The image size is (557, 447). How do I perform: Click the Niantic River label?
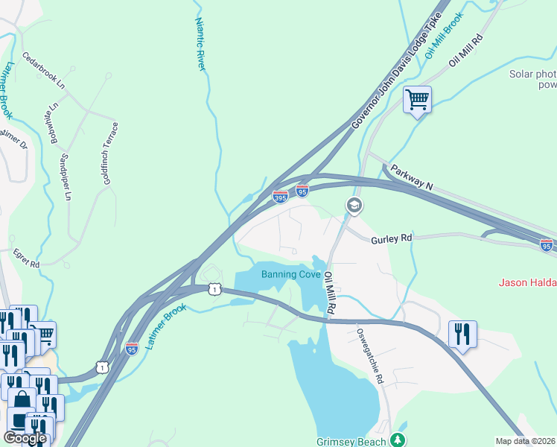(200, 44)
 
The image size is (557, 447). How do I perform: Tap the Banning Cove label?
(291, 274)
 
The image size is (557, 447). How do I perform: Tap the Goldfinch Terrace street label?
(109, 153)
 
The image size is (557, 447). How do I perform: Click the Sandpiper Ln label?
(66, 177)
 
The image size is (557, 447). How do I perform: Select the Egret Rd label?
(25, 258)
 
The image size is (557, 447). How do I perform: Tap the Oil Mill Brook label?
(445, 35)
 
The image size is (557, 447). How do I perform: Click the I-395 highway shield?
(280, 197)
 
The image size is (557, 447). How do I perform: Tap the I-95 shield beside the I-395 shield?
(302, 191)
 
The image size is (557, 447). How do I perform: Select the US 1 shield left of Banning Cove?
(214, 288)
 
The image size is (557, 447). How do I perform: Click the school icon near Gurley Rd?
(354, 206)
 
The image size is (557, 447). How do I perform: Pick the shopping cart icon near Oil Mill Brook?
(417, 100)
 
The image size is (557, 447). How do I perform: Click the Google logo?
(25, 438)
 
